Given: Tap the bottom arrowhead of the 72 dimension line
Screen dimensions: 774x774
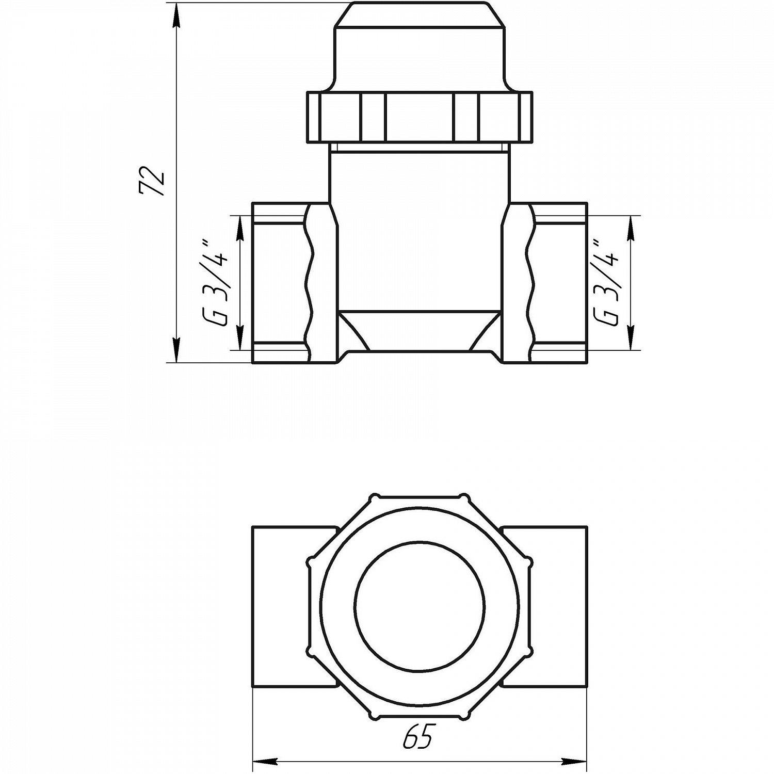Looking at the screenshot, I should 176,351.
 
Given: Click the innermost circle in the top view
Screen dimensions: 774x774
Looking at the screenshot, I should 420,606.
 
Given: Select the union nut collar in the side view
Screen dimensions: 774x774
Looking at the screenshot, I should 419,117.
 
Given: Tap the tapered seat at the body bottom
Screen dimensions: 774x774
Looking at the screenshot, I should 419,330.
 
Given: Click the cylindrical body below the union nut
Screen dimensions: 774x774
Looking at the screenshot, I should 419,232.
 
